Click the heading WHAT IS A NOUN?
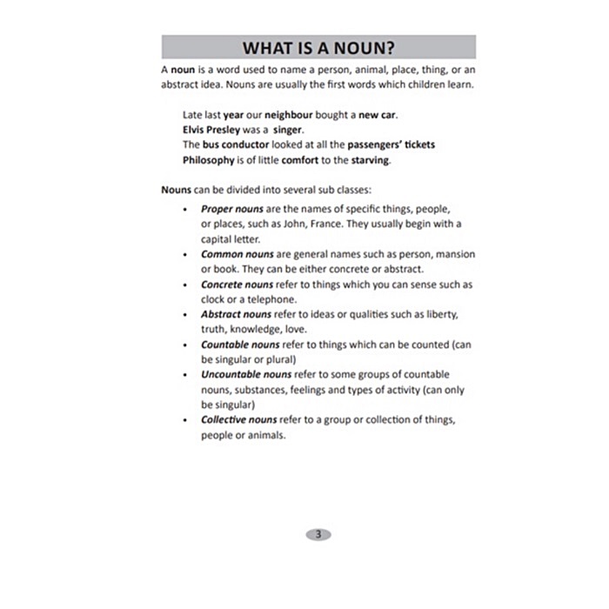click(x=318, y=47)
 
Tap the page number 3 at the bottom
click(x=318, y=534)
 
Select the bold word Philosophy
click(x=209, y=160)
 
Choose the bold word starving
click(x=371, y=160)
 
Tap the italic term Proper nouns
click(x=232, y=209)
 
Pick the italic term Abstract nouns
click(x=237, y=314)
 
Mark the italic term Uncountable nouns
click(x=246, y=375)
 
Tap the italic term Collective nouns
click(x=239, y=419)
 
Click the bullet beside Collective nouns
click(x=185, y=420)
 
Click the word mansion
click(x=453, y=254)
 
